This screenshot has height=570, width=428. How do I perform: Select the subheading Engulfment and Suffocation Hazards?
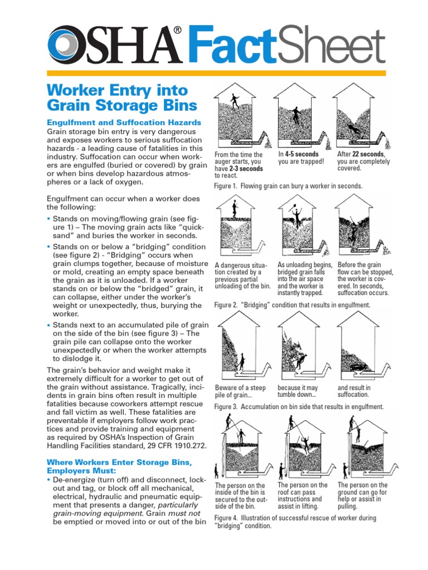click(x=124, y=122)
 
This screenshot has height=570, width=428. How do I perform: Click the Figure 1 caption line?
click(x=288, y=186)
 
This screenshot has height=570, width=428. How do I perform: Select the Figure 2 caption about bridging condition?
click(x=292, y=305)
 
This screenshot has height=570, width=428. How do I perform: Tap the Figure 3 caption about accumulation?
click(x=299, y=406)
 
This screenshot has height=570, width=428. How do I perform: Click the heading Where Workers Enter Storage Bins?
click(x=119, y=463)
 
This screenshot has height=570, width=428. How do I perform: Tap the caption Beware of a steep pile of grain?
click(x=240, y=391)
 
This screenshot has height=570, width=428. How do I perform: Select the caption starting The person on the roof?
click(x=303, y=495)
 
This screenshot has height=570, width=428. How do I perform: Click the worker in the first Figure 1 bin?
click(x=235, y=101)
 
